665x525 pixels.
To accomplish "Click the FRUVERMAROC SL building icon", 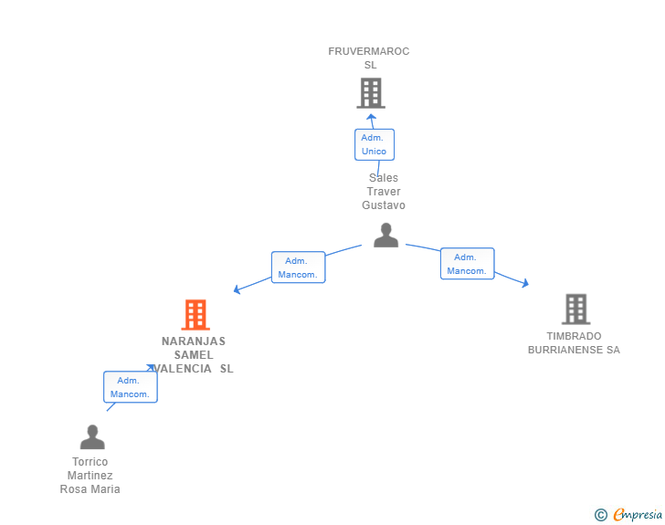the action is click(371, 93).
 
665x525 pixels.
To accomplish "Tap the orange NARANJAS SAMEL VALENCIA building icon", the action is click(195, 315).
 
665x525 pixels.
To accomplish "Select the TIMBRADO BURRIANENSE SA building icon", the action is click(575, 309).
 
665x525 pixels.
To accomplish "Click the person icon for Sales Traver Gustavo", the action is click(385, 235).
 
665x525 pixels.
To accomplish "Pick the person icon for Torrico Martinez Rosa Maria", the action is click(92, 436).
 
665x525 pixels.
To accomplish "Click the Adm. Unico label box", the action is click(375, 144).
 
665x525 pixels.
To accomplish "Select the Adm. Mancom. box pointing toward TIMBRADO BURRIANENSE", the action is click(468, 263).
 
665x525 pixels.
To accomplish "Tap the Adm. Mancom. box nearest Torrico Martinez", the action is click(131, 387).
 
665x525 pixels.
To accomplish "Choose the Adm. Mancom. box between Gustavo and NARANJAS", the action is click(299, 268).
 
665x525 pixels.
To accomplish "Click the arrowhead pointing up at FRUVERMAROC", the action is click(371, 117).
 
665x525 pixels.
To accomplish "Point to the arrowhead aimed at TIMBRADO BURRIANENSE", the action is click(525, 283).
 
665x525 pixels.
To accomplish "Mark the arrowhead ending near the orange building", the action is click(237, 289).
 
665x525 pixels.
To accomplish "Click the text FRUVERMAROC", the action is click(369, 51).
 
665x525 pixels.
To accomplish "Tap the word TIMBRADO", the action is click(574, 336).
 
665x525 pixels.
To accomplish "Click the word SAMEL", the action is click(194, 355).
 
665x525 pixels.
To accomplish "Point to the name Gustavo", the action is click(384, 205).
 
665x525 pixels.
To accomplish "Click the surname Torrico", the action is click(90, 462).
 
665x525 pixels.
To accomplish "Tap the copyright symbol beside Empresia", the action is click(600, 515).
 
